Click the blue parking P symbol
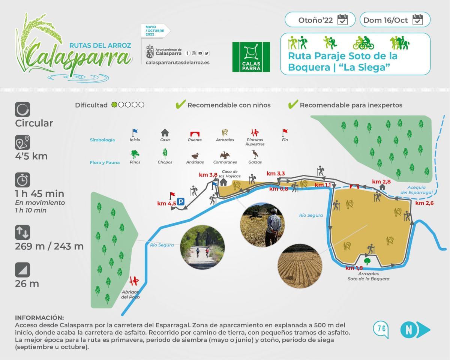tap(181, 202)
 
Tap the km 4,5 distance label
tap(166, 203)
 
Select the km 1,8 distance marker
tap(354, 268)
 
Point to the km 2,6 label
tap(424, 203)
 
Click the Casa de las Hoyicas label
tap(230, 174)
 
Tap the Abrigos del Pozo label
tap(130, 294)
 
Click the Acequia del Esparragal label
tap(416, 190)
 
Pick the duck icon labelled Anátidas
tap(195, 156)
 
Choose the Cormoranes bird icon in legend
tap(225, 155)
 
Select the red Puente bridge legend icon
tap(195, 133)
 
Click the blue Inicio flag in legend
tap(135, 132)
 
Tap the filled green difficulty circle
tap(115, 105)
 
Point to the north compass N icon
tap(415, 330)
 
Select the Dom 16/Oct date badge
tap(394, 20)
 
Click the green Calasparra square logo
tap(251, 57)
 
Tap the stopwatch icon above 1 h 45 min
tap(22, 180)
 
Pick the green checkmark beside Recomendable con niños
tap(181, 105)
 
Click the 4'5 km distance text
tap(31, 156)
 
